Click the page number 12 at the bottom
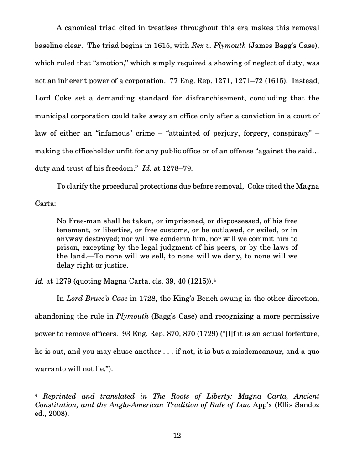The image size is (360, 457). point(177,436)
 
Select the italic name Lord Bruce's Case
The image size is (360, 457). point(97,299)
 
